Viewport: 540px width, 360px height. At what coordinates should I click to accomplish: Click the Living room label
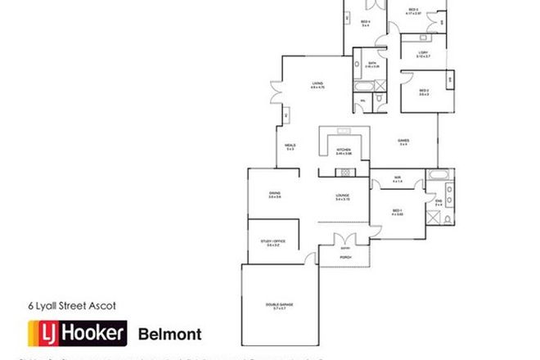[x=318, y=84]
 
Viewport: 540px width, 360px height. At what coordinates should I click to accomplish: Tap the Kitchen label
[x=344, y=151]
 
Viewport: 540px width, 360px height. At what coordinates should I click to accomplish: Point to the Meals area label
[x=290, y=146]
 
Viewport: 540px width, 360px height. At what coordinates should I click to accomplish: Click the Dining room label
[x=274, y=195]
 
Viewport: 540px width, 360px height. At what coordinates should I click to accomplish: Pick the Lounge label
[x=343, y=196]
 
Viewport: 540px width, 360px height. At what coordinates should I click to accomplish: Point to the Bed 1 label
[x=398, y=212]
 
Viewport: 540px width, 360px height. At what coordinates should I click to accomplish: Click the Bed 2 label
[x=424, y=92]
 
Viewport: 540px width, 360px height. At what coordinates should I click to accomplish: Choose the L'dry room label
[x=421, y=55]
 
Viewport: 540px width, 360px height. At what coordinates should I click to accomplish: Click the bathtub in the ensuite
[x=438, y=175]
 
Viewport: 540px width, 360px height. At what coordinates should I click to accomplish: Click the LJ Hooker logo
[x=77, y=333]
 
